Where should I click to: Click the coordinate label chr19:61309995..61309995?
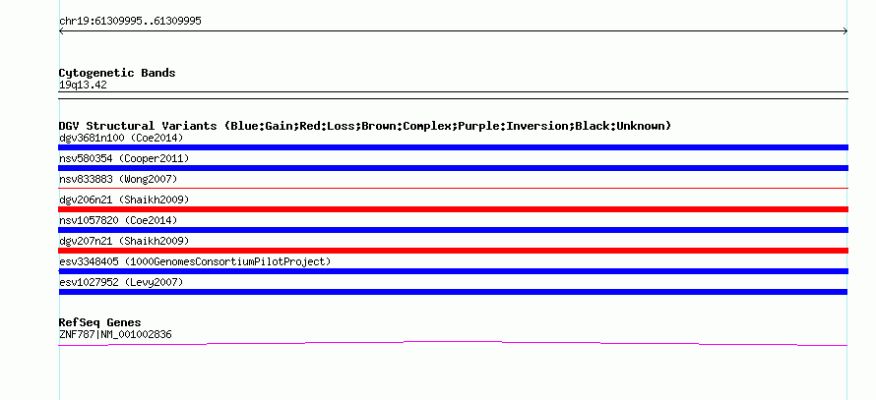130,21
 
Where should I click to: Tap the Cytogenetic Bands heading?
117,73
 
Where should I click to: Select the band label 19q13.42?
83,85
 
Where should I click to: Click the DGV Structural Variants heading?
364,126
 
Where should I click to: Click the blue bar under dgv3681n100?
453,147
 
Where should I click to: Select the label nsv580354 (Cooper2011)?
124,158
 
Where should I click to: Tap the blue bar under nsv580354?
453,168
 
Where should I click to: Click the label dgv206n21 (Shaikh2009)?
123,200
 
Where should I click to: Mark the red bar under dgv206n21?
453,209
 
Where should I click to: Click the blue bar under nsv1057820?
453,230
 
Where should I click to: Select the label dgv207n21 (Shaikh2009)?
123,241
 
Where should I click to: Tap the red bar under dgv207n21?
453,251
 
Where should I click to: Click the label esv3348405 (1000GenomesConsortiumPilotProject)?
195,261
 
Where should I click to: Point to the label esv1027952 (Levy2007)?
121,282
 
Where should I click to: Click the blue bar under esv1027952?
453,292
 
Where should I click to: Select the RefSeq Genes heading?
99,322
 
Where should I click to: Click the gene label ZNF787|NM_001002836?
115,334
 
